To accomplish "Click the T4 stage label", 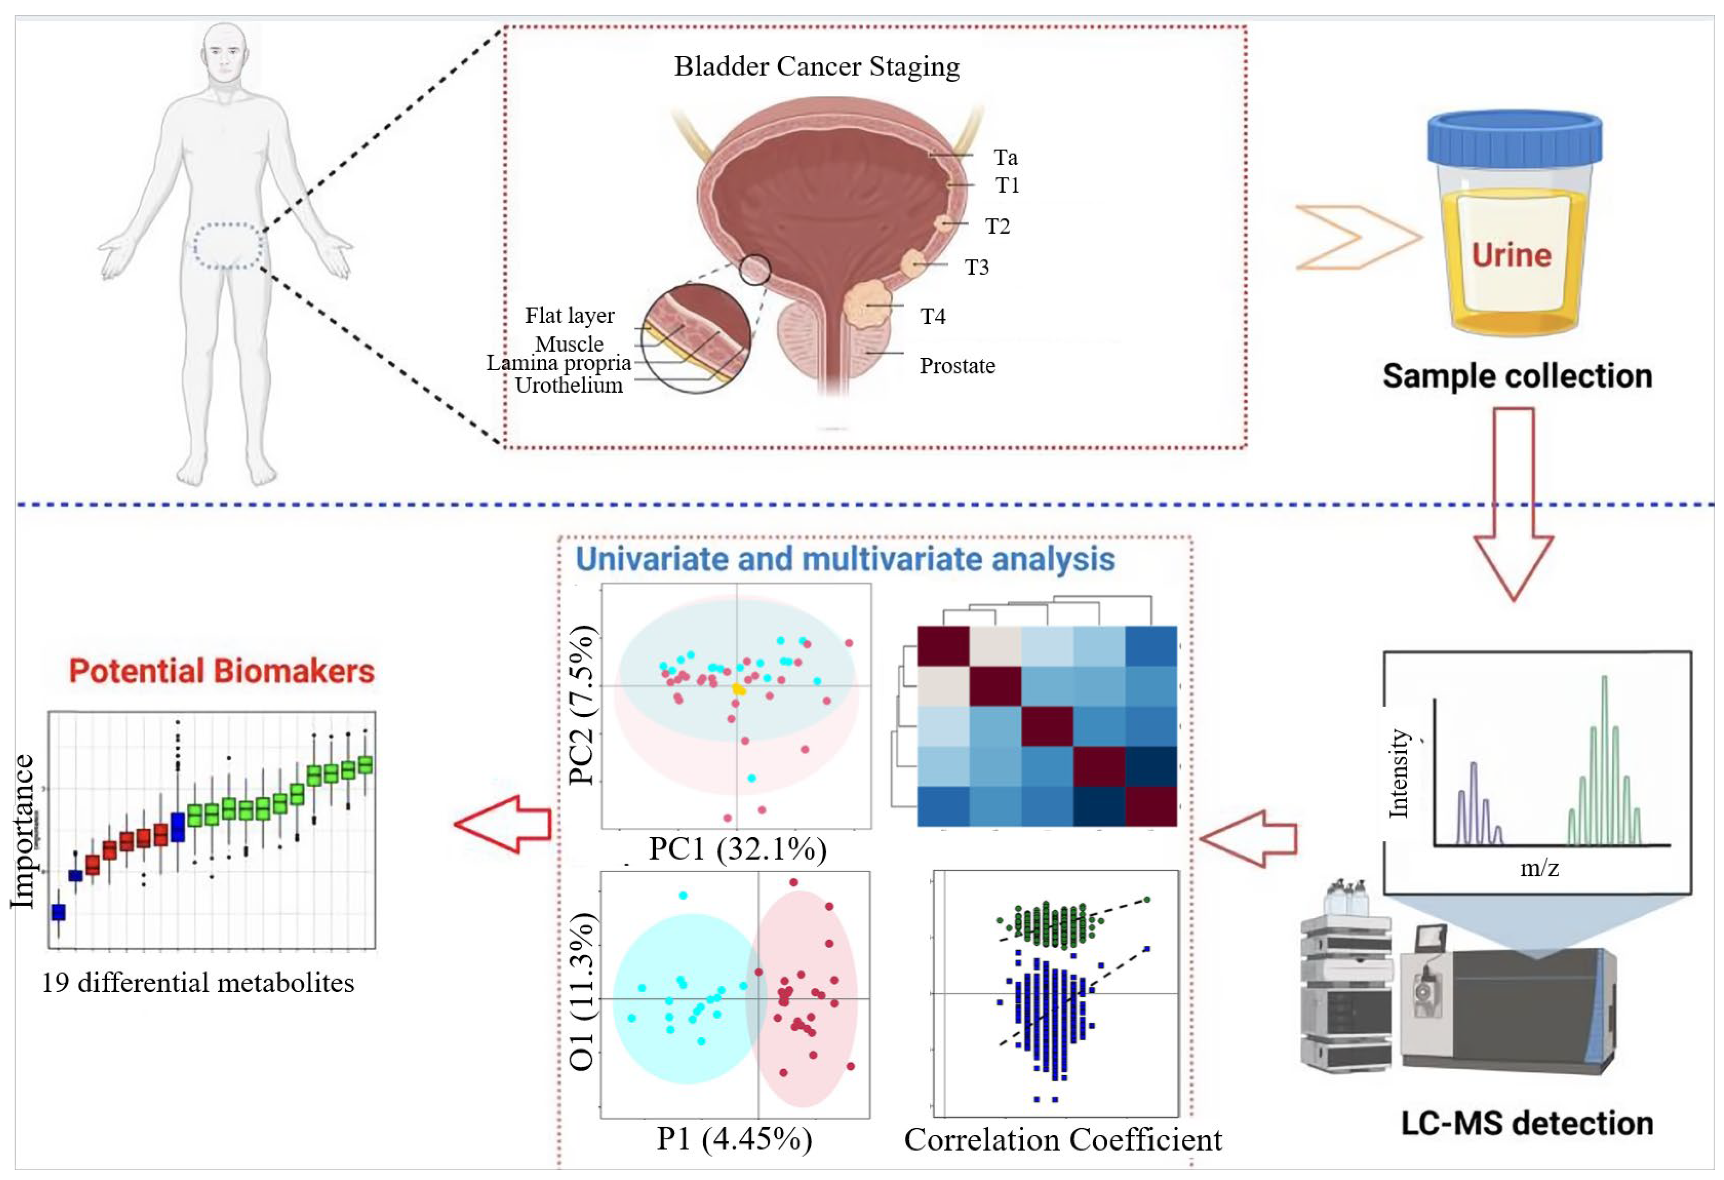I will (933, 317).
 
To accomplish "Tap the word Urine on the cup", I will (1511, 255).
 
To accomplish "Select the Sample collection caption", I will (1517, 376).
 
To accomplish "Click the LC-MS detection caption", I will (1527, 1123).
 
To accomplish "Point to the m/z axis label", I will (1539, 868).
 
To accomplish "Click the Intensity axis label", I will (1398, 773).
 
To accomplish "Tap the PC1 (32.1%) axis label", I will (738, 849).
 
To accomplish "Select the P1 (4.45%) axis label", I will (734, 1138).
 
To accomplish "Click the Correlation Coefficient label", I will (1062, 1140).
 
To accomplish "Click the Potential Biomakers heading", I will (222, 671).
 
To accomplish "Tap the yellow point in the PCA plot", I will (738, 689).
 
